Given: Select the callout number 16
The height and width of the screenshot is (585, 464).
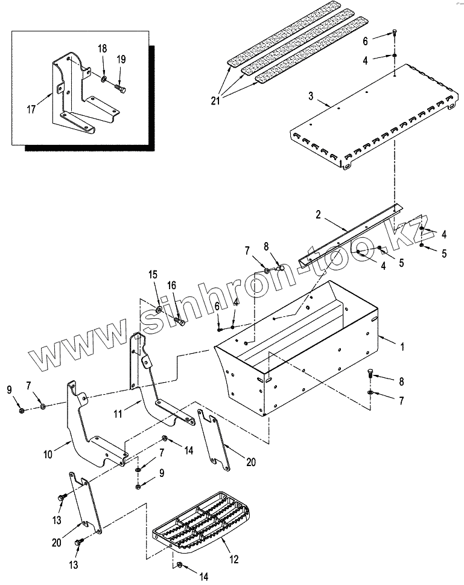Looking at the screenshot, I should coord(172,285).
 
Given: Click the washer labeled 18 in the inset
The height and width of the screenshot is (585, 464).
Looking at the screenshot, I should coord(104,79).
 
